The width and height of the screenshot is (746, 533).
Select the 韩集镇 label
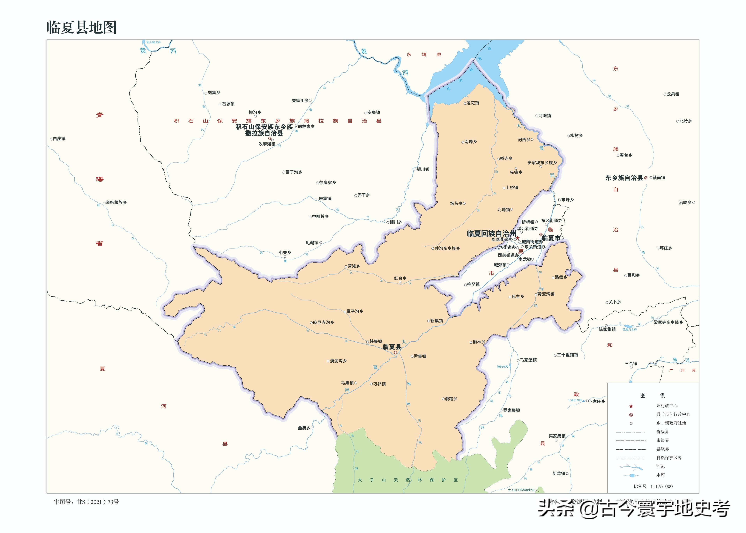376,341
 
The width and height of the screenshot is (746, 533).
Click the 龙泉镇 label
673,94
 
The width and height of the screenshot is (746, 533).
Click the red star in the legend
631,406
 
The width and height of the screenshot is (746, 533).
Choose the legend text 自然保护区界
669,458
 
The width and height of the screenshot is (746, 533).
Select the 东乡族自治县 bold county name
624,178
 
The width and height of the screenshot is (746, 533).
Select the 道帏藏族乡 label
116,203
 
